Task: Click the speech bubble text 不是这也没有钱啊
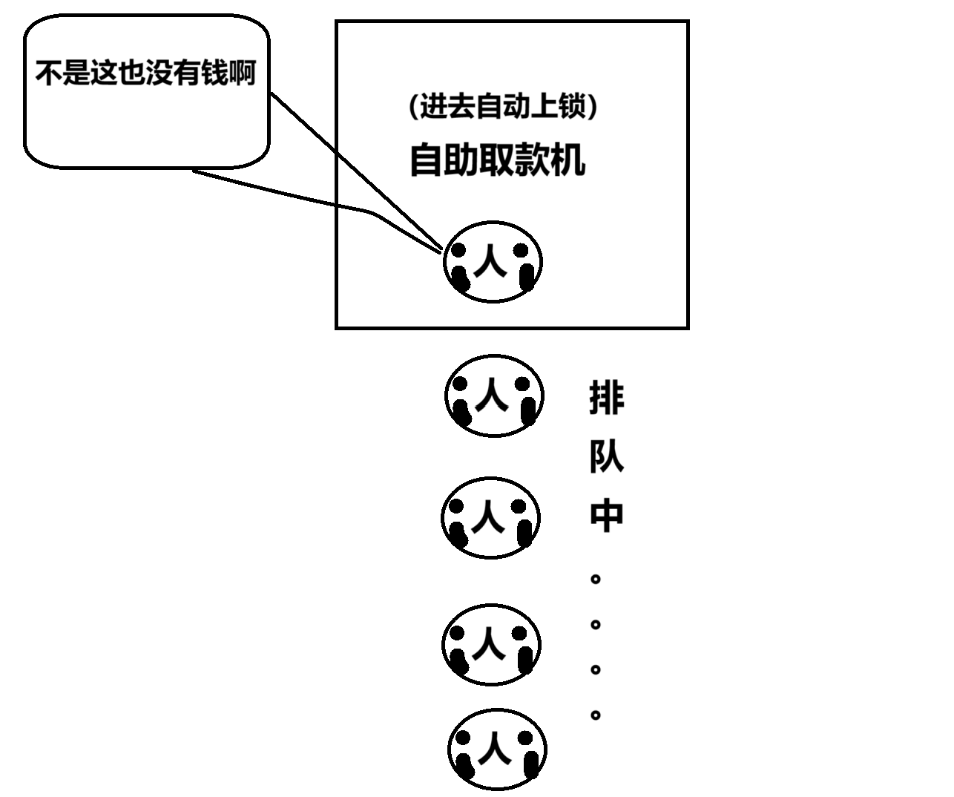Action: coord(145,73)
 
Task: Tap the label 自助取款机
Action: coord(498,160)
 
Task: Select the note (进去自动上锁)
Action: coord(503,107)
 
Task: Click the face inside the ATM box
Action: coord(493,261)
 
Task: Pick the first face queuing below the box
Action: coord(494,396)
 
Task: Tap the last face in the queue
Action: coord(497,749)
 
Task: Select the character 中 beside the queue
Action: coord(606,515)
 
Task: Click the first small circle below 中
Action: coord(595,578)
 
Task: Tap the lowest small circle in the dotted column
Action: coord(595,715)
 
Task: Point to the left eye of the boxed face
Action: coord(459,251)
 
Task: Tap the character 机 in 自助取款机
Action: coord(568,160)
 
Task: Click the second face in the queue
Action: coord(490,517)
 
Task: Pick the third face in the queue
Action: coord(491,644)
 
